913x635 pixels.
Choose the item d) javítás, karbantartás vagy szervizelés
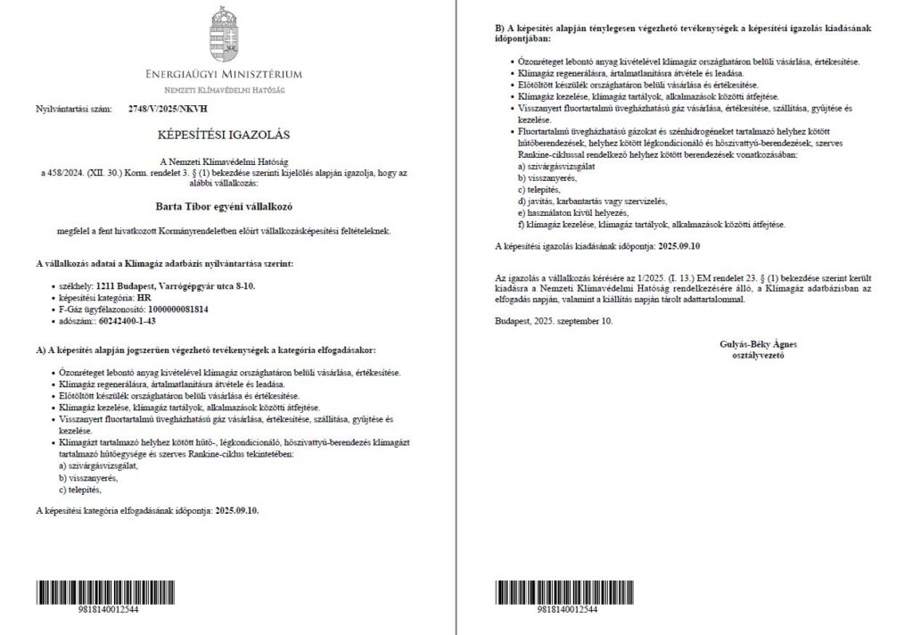tap(592, 201)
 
